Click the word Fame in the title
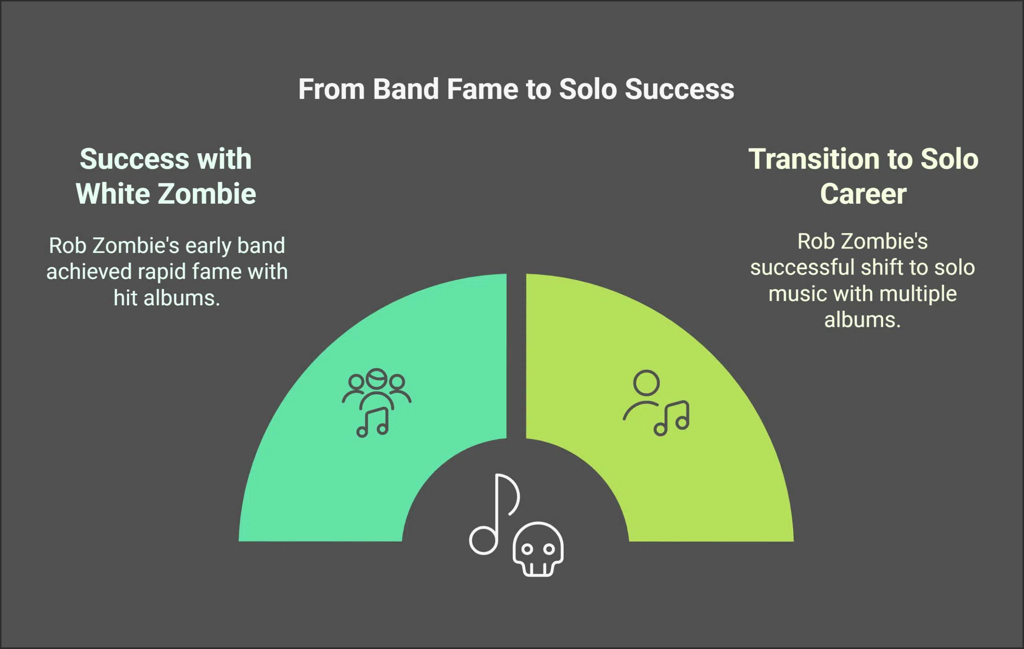tap(482, 89)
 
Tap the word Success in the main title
tap(679, 89)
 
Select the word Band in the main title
tap(406, 89)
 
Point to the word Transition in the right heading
tap(814, 159)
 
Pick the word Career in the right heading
tap(863, 194)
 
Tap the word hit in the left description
tap(125, 298)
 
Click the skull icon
tap(538, 549)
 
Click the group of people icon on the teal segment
tap(376, 388)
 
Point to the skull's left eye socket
tap(527, 549)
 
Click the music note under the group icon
tap(373, 423)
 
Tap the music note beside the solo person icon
tap(672, 419)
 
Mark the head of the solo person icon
tap(646, 383)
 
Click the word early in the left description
tap(208, 246)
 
